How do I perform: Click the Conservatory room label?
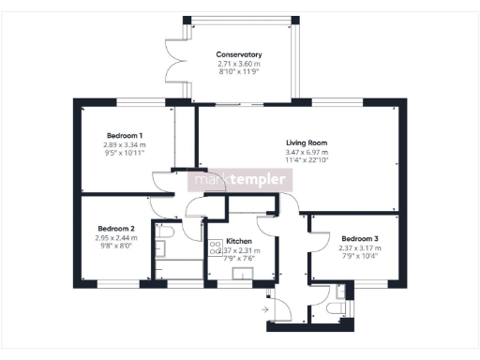tap(238, 55)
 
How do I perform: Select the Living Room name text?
tap(305, 142)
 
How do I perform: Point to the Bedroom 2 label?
tap(116, 229)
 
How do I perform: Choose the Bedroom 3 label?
tap(360, 237)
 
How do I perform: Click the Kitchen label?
tap(238, 241)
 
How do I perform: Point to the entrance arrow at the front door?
tap(266, 307)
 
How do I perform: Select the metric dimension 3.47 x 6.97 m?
tap(305, 151)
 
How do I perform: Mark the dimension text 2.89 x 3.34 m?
tap(124, 145)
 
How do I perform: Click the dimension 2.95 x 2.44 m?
tap(116, 238)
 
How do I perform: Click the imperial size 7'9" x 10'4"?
tap(360, 255)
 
